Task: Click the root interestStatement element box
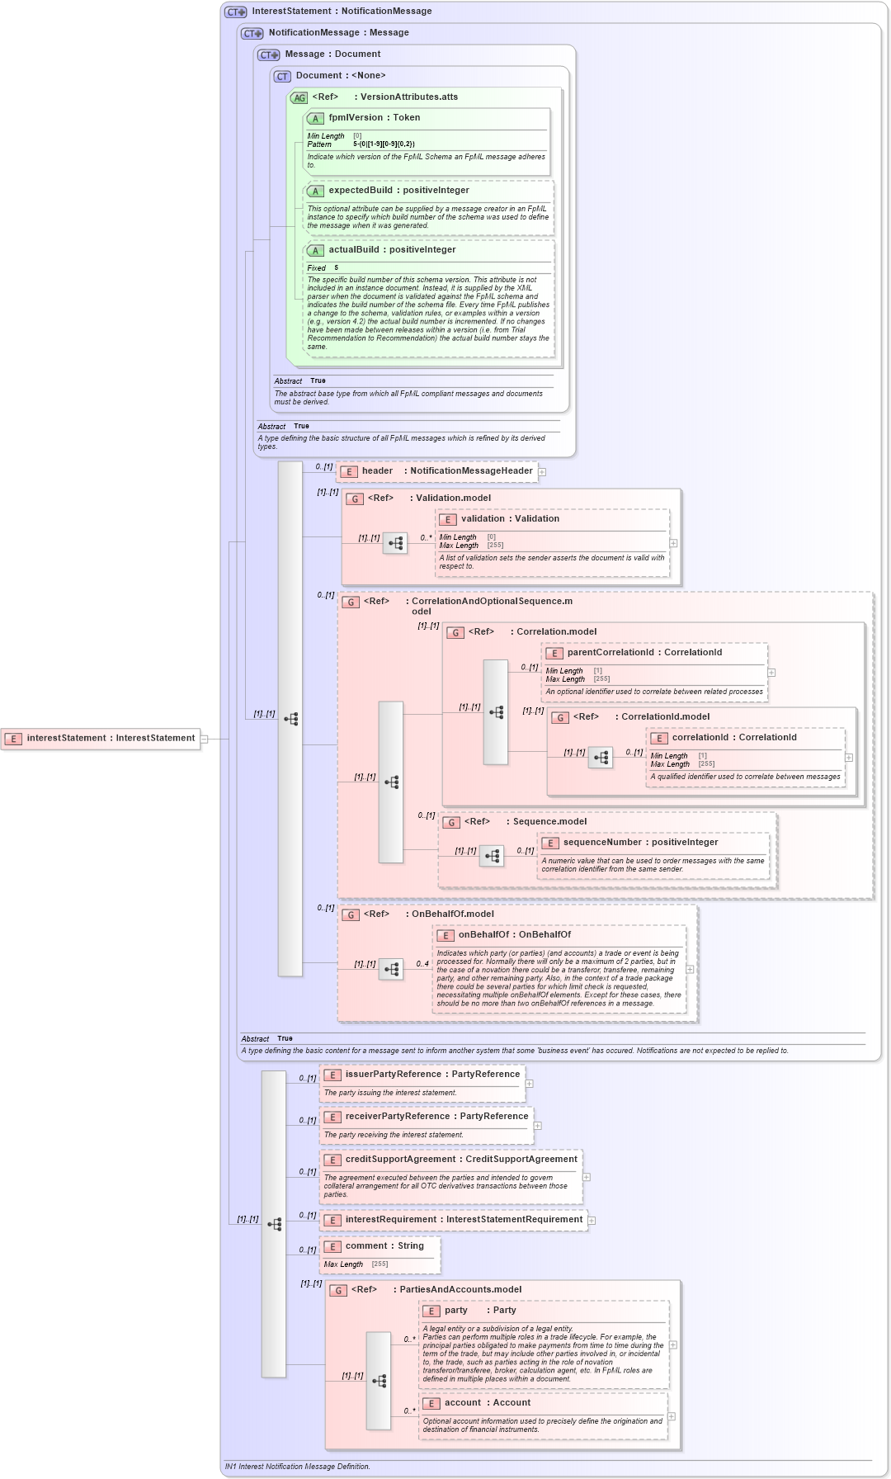tap(101, 739)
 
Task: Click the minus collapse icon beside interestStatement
tap(205, 739)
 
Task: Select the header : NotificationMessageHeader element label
tap(446, 471)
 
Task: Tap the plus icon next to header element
tap(542, 472)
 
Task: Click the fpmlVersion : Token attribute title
tap(374, 118)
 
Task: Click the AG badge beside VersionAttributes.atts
tap(299, 97)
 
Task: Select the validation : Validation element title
tap(509, 519)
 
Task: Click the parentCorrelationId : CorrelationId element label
tap(643, 653)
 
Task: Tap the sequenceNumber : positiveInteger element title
tap(639, 843)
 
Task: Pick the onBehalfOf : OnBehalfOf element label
tap(514, 935)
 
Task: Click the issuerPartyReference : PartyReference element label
tap(431, 1075)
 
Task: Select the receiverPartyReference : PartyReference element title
tap(436, 1117)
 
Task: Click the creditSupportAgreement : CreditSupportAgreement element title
tap(460, 1160)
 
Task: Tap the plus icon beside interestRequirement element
tap(592, 1221)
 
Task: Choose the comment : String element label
tap(384, 1246)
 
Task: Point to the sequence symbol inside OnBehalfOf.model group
tap(391, 969)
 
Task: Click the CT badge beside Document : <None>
tap(282, 76)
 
